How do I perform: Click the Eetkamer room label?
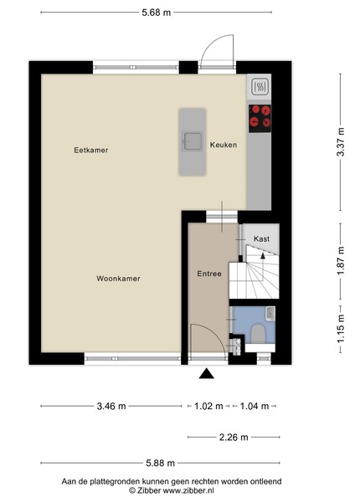point(91,150)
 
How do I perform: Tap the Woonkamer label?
point(119,279)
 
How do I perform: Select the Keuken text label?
point(224,145)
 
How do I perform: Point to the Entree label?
point(209,274)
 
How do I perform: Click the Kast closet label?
point(262,238)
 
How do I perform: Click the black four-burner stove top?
point(260,119)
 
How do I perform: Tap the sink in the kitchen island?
point(193,141)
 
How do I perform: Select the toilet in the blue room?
point(258,334)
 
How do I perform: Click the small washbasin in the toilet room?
point(270,313)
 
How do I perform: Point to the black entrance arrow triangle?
point(206,374)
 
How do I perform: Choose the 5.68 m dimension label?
point(157,13)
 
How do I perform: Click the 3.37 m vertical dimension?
point(341,142)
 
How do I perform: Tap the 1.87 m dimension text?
point(341,260)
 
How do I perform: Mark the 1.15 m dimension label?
point(341,328)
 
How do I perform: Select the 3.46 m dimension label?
point(111,407)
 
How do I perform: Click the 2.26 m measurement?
point(234,438)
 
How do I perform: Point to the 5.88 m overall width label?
point(161,463)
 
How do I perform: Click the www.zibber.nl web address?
point(188,490)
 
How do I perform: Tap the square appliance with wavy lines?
point(260,86)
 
